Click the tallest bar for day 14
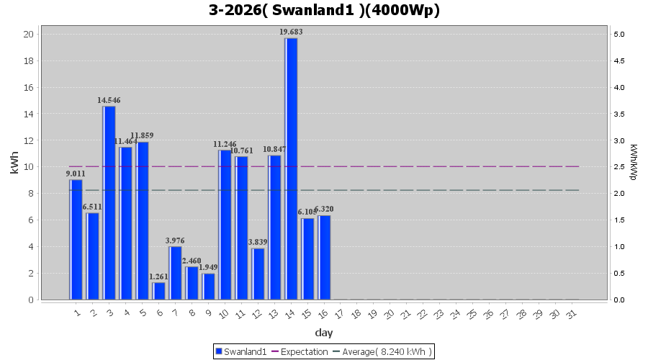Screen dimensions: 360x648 click(x=291, y=168)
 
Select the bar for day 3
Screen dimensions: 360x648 click(x=109, y=202)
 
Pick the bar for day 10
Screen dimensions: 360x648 click(x=225, y=225)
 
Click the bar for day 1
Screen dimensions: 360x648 click(x=76, y=239)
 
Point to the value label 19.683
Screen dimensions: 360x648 click(x=291, y=32)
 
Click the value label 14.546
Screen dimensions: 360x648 click(x=109, y=100)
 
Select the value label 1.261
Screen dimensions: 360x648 click(x=159, y=276)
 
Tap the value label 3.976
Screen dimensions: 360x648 click(x=175, y=240)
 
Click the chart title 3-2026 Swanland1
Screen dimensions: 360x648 click(x=324, y=10)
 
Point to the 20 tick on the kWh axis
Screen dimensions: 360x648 click(x=28, y=34)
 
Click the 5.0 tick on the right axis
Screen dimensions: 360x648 click(x=618, y=34)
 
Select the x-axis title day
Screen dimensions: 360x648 click(x=324, y=333)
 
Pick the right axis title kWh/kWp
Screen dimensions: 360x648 click(x=633, y=162)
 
